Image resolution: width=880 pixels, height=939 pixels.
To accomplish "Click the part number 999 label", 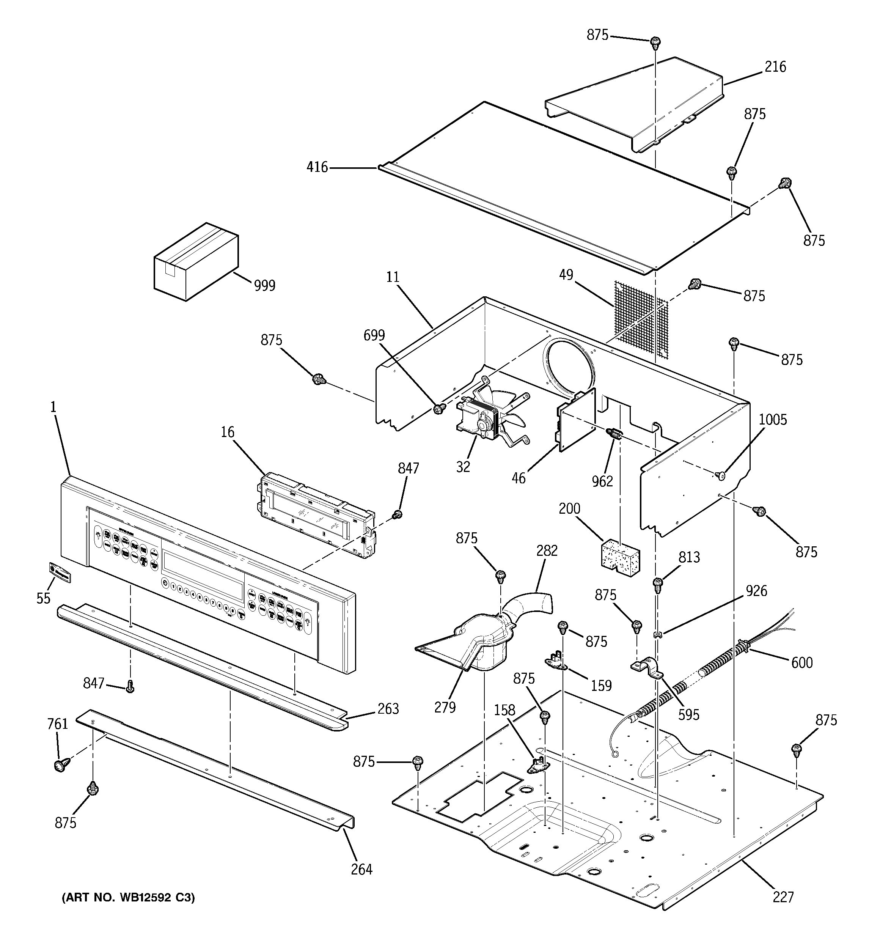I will pyautogui.click(x=264, y=285).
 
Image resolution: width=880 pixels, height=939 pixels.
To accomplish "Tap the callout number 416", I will pyautogui.click(x=317, y=167).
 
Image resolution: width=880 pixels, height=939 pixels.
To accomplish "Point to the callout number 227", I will pyautogui.click(x=783, y=897).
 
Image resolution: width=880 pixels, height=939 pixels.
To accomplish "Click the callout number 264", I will pyautogui.click(x=361, y=869).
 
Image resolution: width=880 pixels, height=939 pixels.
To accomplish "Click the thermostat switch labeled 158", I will pyautogui.click(x=536, y=767).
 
